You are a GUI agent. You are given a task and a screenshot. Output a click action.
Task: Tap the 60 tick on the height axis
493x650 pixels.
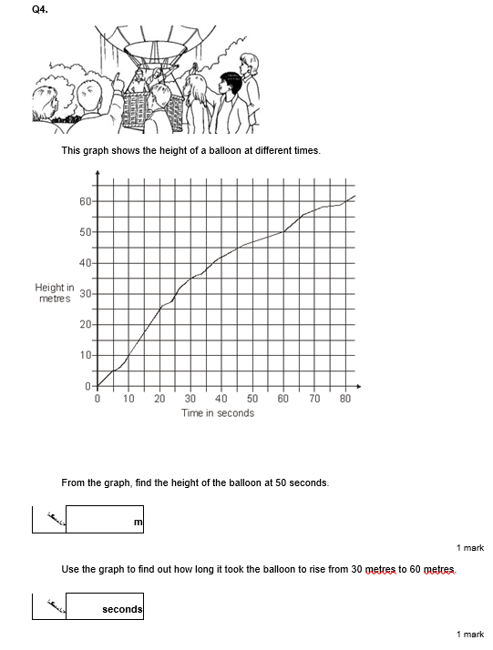(85, 201)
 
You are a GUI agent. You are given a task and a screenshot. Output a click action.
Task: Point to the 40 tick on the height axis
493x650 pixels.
(85, 263)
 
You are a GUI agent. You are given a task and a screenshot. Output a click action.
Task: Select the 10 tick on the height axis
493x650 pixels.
(85, 355)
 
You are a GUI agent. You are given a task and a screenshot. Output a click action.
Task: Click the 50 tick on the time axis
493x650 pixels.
(252, 399)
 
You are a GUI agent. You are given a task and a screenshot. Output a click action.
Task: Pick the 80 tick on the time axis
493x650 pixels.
(345, 399)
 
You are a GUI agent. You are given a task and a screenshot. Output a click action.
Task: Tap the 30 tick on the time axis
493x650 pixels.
(190, 399)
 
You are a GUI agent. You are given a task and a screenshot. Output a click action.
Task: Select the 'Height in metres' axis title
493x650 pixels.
(55, 293)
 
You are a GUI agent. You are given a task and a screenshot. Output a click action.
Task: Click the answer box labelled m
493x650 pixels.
(105, 520)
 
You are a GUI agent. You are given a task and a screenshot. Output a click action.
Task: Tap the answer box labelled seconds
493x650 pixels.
(105, 608)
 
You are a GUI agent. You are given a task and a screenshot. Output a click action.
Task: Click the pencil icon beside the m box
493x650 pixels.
(49, 520)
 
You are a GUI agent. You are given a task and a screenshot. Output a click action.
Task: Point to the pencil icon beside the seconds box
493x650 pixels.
(49, 608)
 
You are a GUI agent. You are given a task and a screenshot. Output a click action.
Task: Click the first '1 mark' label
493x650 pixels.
(470, 548)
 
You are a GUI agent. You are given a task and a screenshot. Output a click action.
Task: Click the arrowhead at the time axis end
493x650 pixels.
(358, 386)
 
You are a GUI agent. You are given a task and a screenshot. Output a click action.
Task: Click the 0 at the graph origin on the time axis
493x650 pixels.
(98, 399)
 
